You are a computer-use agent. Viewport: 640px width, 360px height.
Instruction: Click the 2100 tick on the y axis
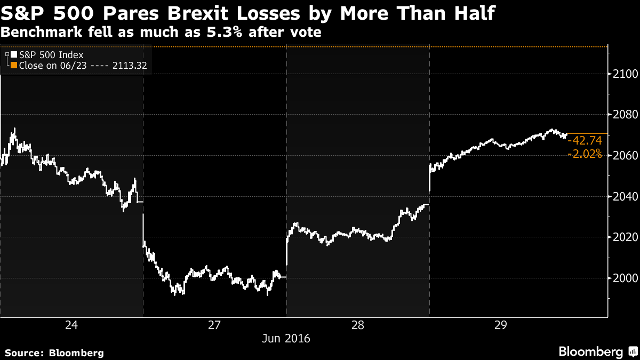[x=621, y=74]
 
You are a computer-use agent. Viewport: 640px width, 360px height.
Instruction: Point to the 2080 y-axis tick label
[x=621, y=115]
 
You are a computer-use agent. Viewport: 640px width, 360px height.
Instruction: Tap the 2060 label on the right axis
[x=621, y=156]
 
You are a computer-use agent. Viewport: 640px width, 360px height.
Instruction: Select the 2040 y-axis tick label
[x=621, y=197]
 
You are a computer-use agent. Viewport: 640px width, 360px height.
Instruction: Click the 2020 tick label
[x=621, y=237]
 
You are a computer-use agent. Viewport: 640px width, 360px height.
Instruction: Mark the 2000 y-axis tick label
[x=621, y=278]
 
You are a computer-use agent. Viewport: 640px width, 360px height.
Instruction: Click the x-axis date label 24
[x=71, y=325]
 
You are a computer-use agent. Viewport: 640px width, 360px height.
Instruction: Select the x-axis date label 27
[x=214, y=325]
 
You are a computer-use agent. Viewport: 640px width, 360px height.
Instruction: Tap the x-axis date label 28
[x=358, y=325]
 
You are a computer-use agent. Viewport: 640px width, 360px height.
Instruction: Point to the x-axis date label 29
[x=501, y=325]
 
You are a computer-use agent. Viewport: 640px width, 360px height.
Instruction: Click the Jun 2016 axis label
[x=286, y=339]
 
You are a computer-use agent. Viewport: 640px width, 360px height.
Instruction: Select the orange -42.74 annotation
[x=585, y=141]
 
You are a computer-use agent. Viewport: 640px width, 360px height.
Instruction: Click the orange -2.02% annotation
[x=585, y=154]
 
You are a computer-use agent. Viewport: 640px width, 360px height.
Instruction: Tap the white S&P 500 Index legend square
[x=14, y=54]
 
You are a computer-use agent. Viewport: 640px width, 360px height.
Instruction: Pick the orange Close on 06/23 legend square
[x=14, y=66]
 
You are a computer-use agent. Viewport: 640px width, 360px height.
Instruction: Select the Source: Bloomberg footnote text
[x=54, y=353]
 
